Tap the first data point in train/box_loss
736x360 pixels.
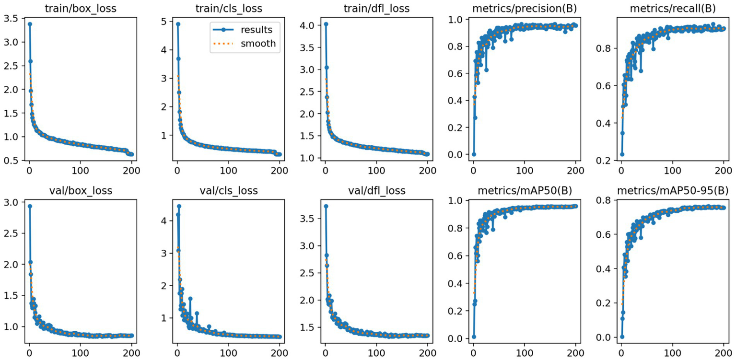click(x=30, y=24)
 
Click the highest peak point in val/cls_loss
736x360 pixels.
click(x=179, y=206)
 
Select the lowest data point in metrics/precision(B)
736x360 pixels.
click(x=474, y=154)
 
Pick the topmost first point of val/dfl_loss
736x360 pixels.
click(x=326, y=206)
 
